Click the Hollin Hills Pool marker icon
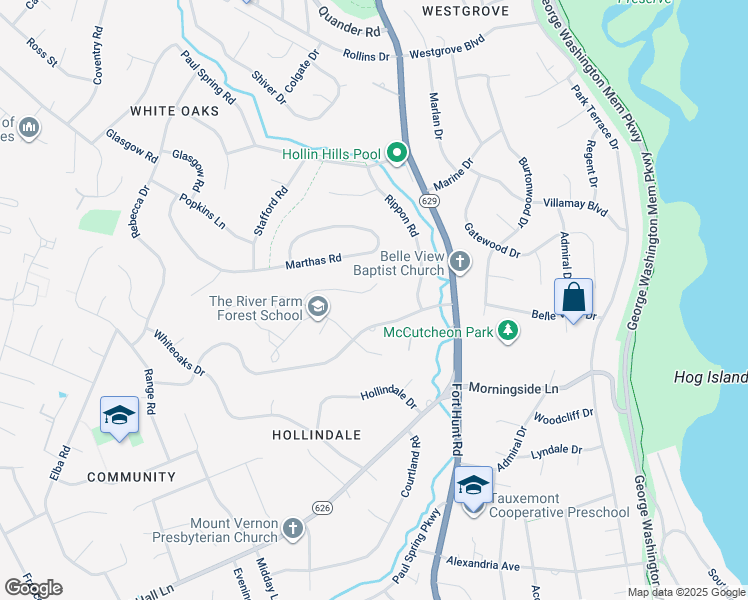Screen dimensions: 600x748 pyautogui.click(x=397, y=154)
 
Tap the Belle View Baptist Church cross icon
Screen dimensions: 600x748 pyautogui.click(x=459, y=262)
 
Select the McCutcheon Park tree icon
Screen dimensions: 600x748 pyautogui.click(x=508, y=330)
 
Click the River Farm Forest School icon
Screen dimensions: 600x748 pyautogui.click(x=318, y=307)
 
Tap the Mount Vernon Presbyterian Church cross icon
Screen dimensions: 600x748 pyautogui.click(x=292, y=528)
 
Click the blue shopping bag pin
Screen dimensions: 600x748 pyautogui.click(x=573, y=298)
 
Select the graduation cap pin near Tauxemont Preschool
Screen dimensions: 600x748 pyautogui.click(x=473, y=487)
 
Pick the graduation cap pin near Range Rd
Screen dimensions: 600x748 pyautogui.click(x=119, y=416)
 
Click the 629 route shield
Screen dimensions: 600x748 pyautogui.click(x=429, y=201)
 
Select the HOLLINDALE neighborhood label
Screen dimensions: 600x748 pyautogui.click(x=316, y=435)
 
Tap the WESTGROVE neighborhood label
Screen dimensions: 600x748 pyautogui.click(x=465, y=11)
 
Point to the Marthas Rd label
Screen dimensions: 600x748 pyautogui.click(x=313, y=262)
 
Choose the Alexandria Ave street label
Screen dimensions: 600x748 pyautogui.click(x=483, y=565)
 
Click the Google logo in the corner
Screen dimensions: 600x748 pyautogui.click(x=33, y=588)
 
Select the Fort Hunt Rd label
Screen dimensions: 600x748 pyautogui.click(x=457, y=420)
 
